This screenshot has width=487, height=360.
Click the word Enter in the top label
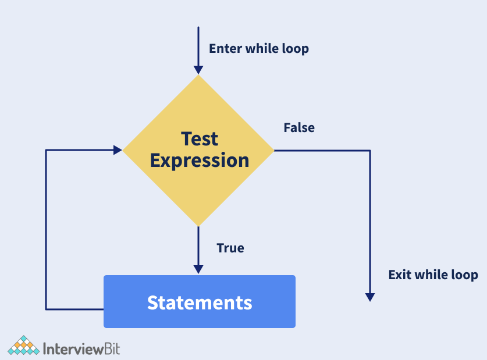click(x=226, y=48)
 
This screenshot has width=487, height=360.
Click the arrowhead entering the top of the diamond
click(x=198, y=70)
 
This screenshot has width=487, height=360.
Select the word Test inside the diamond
click(x=200, y=138)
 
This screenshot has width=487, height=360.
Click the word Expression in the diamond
click(x=200, y=161)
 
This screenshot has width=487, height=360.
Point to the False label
click(x=299, y=127)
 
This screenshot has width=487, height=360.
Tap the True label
click(x=230, y=248)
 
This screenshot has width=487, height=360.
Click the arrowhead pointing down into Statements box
click(x=198, y=269)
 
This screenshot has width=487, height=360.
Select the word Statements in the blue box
click(x=200, y=302)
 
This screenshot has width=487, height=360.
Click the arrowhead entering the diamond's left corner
click(x=118, y=150)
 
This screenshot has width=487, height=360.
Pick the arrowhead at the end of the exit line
click(x=370, y=297)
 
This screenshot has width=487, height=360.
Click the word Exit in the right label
click(x=399, y=275)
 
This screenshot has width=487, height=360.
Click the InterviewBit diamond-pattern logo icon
click(x=24, y=345)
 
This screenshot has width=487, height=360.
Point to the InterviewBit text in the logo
click(x=81, y=349)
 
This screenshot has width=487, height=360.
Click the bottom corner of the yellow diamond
click(x=198, y=226)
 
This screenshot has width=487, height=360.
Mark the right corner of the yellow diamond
click(x=274, y=151)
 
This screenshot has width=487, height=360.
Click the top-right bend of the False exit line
click(x=370, y=151)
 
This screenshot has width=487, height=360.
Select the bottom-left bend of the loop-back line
click(x=46, y=309)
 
